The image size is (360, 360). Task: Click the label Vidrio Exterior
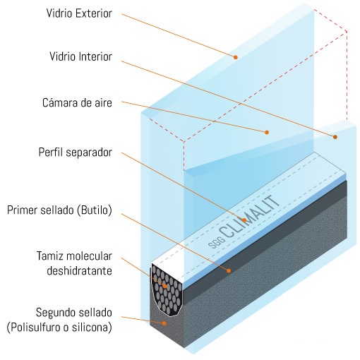[79, 13]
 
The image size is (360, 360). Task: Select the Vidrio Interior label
[80, 56]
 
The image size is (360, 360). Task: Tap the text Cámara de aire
[77, 103]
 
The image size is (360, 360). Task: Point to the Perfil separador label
[76, 152]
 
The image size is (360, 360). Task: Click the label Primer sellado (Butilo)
[59, 210]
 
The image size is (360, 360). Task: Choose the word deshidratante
[79, 271]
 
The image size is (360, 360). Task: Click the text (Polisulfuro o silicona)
[59, 328]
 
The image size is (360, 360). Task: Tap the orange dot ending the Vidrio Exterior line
[236, 57]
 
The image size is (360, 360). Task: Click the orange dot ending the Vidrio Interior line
[335, 137]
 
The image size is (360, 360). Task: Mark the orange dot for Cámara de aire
[267, 132]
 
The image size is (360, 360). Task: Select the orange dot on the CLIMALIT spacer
[244, 220]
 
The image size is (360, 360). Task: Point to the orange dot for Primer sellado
[229, 270]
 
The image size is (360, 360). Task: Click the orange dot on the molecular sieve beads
[165, 287]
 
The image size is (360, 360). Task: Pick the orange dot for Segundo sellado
[164, 323]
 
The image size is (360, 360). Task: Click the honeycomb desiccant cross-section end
[167, 290]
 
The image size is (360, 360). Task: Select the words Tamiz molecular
[74, 256]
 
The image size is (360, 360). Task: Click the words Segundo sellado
[74, 313]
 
